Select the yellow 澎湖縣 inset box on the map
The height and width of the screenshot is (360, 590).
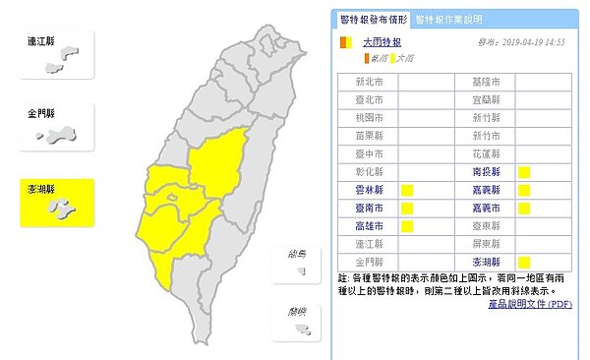click(x=58, y=203)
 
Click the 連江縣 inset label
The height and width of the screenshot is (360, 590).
click(x=41, y=42)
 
